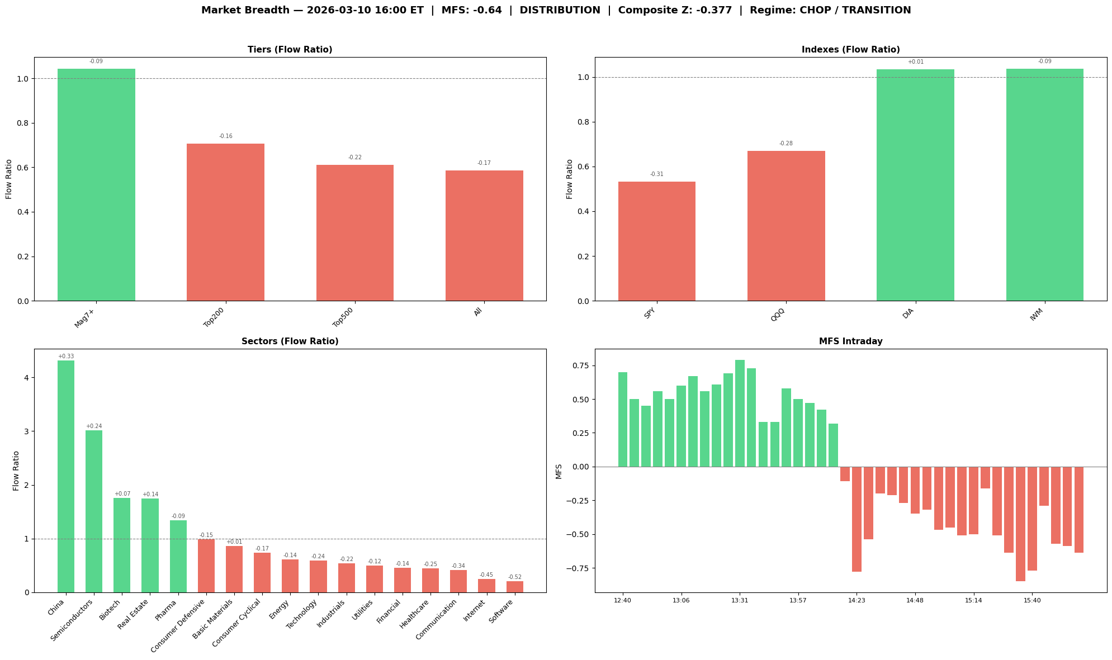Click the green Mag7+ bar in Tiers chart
[96, 184]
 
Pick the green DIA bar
[915, 185]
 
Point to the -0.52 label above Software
[515, 577]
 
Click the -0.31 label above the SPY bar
[656, 174]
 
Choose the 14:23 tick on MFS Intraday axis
[857, 600]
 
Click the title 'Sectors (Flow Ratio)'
[290, 341]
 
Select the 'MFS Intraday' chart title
[850, 341]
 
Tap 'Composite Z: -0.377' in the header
[675, 10]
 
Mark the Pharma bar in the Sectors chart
[178, 556]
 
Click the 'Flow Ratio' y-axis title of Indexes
[570, 179]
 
